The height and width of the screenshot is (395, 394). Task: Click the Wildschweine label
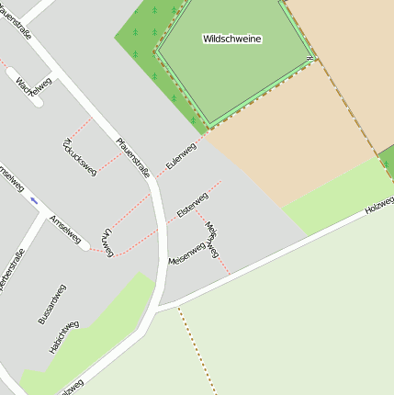click(232, 39)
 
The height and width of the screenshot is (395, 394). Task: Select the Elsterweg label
click(193, 204)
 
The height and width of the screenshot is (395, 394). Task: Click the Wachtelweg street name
click(34, 85)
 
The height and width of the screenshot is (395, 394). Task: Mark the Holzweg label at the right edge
click(379, 205)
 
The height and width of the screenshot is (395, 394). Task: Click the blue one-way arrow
click(34, 199)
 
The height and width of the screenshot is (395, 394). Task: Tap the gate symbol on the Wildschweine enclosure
click(311, 59)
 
